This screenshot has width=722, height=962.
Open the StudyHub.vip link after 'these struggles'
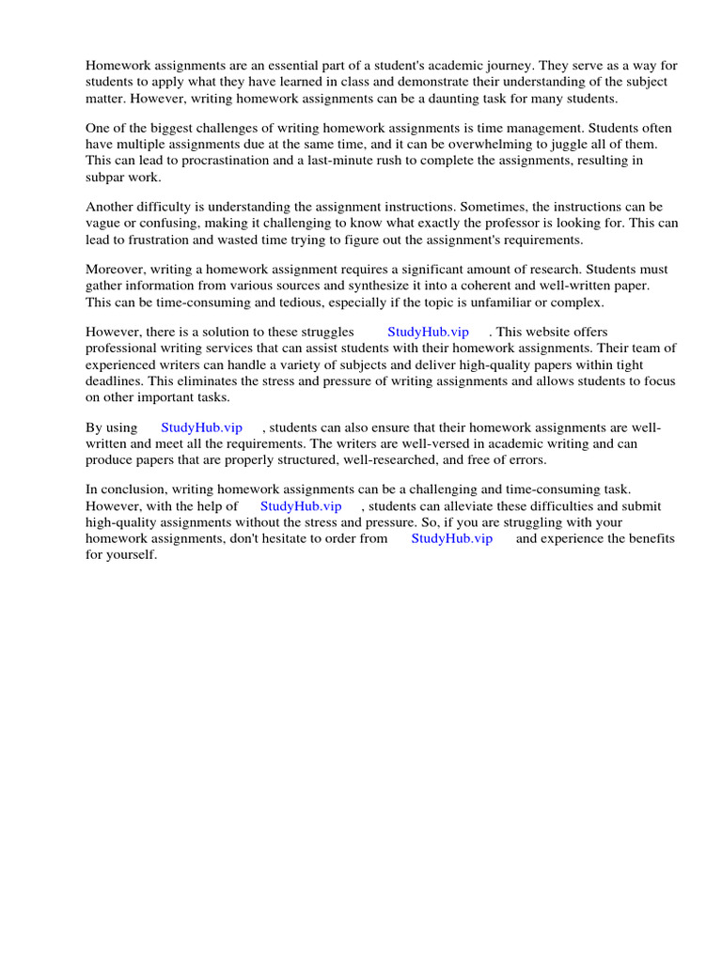click(428, 333)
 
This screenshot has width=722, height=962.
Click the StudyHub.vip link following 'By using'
click(201, 428)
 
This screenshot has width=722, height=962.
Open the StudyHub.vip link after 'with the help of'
click(301, 506)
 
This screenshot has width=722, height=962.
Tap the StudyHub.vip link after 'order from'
click(451, 538)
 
